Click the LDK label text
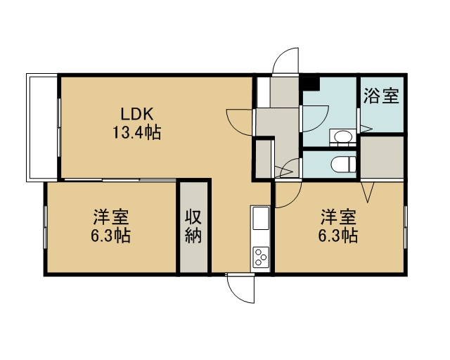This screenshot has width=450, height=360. [x=137, y=114]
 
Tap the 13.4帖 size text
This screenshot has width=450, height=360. [x=136, y=132]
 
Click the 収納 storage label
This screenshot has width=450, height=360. [x=193, y=226]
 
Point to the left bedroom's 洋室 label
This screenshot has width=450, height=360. [x=111, y=217]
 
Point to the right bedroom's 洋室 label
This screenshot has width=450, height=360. [x=338, y=217]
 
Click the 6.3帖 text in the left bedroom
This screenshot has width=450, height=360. [x=111, y=236]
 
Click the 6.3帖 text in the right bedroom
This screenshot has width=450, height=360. [x=338, y=236]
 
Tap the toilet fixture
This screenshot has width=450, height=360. [x=344, y=165]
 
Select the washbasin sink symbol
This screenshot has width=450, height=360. [x=343, y=136]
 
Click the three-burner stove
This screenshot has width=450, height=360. [x=261, y=257]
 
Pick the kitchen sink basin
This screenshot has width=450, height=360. [x=261, y=218]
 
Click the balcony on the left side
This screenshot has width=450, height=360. [x=42, y=127]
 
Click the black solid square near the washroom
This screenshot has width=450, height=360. [x=311, y=83]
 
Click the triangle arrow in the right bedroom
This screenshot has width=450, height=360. [x=368, y=192]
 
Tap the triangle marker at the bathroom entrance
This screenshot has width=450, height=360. [x=366, y=129]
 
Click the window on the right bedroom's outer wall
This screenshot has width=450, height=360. [x=406, y=227]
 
